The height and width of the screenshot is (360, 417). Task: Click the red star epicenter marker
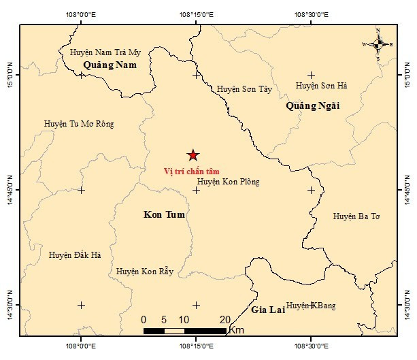(193, 156)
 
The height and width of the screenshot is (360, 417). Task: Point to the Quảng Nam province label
(110, 65)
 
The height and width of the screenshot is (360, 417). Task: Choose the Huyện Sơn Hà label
(321, 86)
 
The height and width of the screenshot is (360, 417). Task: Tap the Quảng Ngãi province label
(312, 105)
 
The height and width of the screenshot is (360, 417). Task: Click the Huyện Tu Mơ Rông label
(79, 124)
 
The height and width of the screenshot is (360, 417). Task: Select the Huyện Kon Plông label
(228, 182)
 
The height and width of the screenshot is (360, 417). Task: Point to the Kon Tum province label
(165, 214)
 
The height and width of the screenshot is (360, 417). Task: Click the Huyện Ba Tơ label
(356, 216)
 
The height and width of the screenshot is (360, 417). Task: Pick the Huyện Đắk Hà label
(75, 255)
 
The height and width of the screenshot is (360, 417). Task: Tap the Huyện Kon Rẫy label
(145, 272)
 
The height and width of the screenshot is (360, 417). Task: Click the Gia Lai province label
(266, 310)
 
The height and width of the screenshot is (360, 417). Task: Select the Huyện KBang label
(310, 306)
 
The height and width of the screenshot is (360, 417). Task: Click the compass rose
(378, 44)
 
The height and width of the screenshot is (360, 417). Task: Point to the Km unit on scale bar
(237, 330)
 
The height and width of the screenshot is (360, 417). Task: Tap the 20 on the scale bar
(224, 319)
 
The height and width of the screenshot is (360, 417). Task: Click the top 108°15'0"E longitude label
(196, 14)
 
